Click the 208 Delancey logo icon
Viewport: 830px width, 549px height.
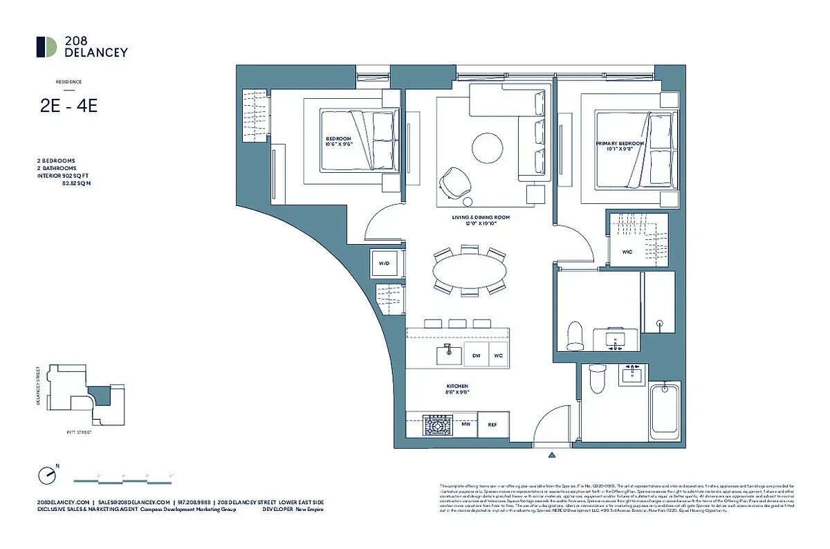pyautogui.click(x=47, y=46)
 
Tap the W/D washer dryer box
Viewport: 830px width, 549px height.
pyautogui.click(x=383, y=263)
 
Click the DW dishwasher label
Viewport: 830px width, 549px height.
pyautogui.click(x=476, y=355)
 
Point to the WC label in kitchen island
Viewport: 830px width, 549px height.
pyautogui.click(x=498, y=355)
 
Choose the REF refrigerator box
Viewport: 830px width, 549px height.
pyautogui.click(x=492, y=425)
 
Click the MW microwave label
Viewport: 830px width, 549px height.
pyautogui.click(x=465, y=425)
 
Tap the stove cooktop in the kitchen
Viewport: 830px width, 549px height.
pyautogui.click(x=437, y=425)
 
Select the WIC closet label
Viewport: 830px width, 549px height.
pyautogui.click(x=627, y=252)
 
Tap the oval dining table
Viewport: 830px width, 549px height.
pyautogui.click(x=469, y=269)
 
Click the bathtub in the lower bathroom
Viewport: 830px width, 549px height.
pyautogui.click(x=666, y=411)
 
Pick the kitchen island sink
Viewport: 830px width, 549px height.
pyautogui.click(x=448, y=355)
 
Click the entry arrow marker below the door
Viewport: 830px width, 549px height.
pyautogui.click(x=551, y=455)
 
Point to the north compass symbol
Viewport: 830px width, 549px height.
pyautogui.click(x=47, y=476)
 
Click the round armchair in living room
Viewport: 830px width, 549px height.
pyautogui.click(x=454, y=182)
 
